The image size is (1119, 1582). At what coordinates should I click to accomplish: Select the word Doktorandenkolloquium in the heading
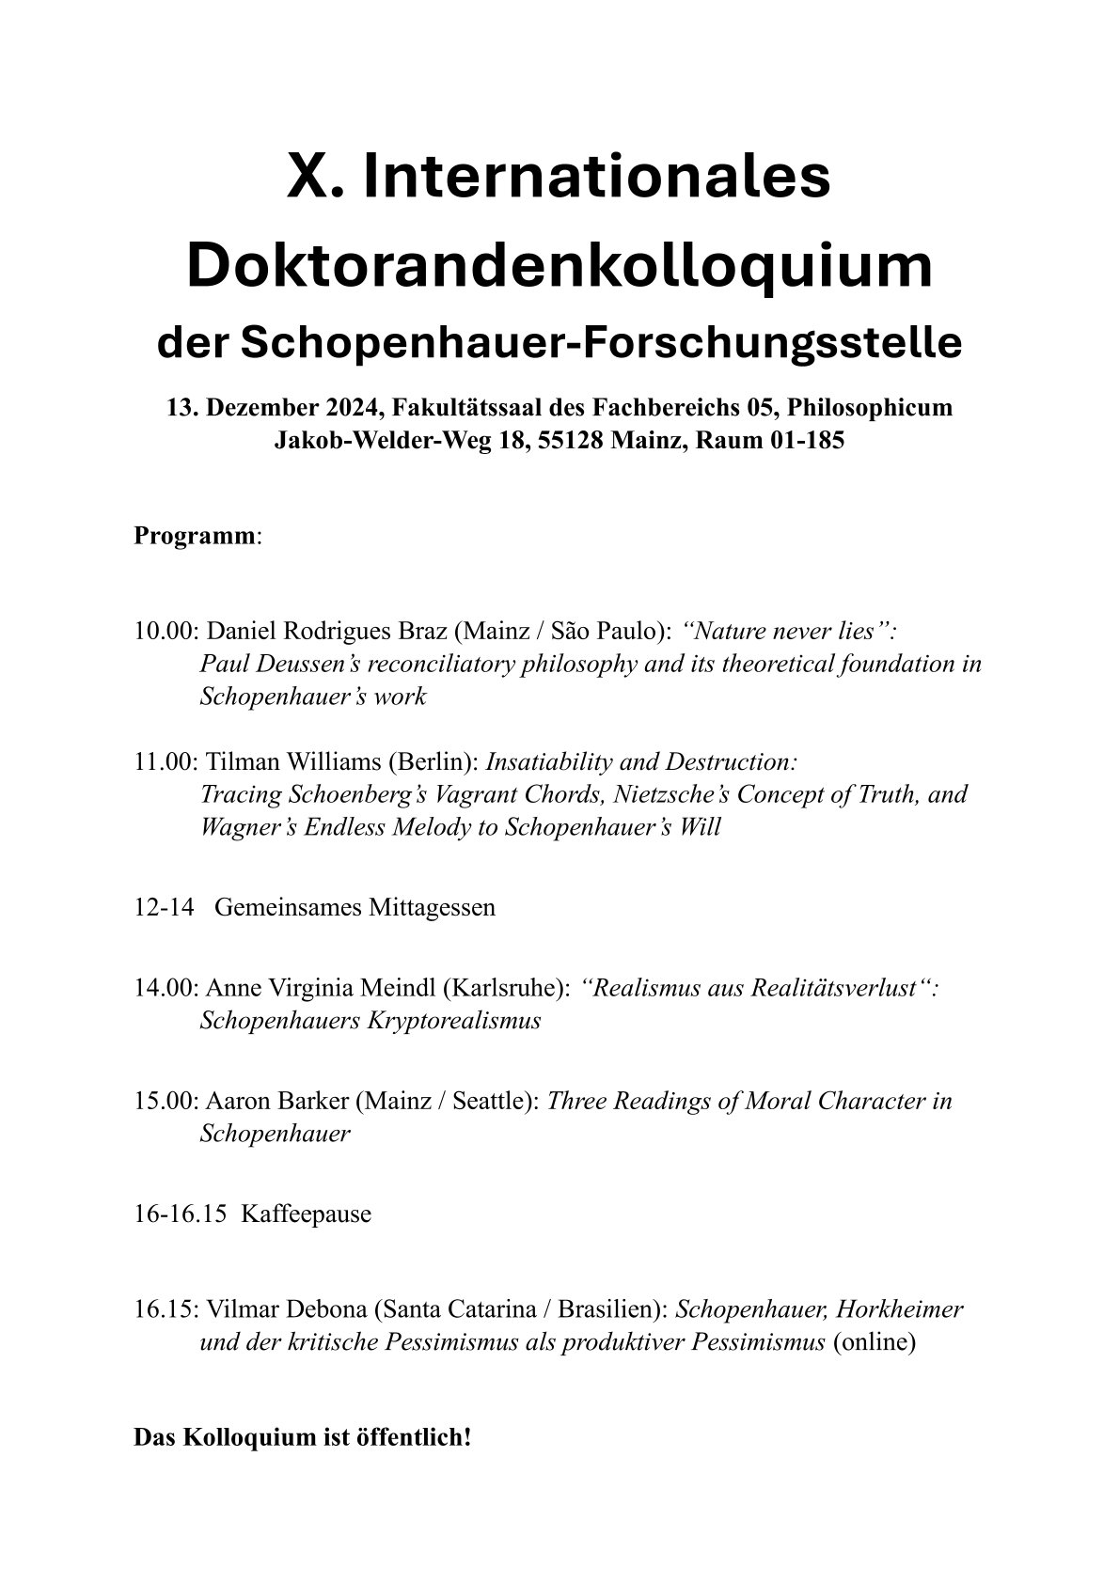pos(559,266)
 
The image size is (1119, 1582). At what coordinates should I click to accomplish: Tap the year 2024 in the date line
pos(351,408)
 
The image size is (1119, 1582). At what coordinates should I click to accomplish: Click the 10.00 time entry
pos(165,631)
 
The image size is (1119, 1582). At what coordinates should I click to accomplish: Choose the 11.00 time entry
pos(165,761)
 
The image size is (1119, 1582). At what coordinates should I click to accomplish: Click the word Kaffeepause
pos(306,1214)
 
